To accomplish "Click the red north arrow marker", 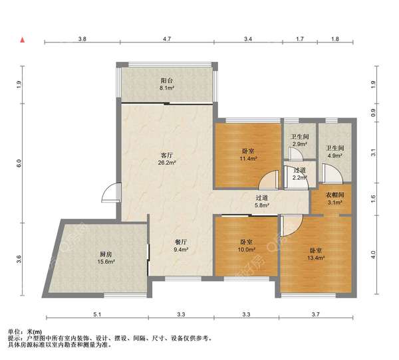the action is pyautogui.click(x=23, y=40).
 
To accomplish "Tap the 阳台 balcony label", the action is pyautogui.click(x=167, y=81).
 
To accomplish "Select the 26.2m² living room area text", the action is pyautogui.click(x=167, y=163).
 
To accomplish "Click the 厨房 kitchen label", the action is pyautogui.click(x=106, y=254).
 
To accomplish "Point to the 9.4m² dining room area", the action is pyautogui.click(x=181, y=250).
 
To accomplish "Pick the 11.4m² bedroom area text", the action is pyautogui.click(x=248, y=159).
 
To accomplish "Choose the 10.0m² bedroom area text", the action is pyautogui.click(x=247, y=250).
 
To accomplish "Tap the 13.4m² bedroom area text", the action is pyautogui.click(x=316, y=258).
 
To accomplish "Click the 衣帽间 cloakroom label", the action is pyautogui.click(x=335, y=195).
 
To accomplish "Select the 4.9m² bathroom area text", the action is pyautogui.click(x=335, y=155).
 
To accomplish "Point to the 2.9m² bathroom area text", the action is pyautogui.click(x=300, y=144).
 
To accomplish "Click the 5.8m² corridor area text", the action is pyautogui.click(x=262, y=205).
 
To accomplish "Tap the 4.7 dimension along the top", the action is pyautogui.click(x=167, y=39).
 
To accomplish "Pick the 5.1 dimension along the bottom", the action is pyautogui.click(x=97, y=314).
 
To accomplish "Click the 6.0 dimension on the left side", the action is pyautogui.click(x=19, y=163).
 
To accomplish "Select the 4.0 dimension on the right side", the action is pyautogui.click(x=373, y=254).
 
